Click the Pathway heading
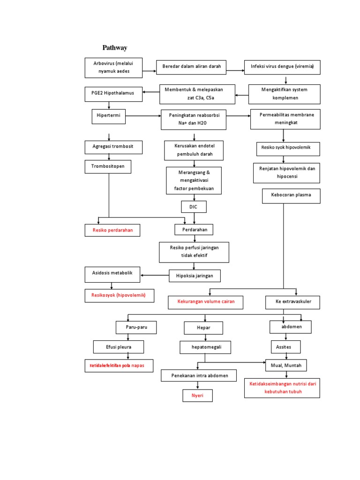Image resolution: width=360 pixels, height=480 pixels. point(115,48)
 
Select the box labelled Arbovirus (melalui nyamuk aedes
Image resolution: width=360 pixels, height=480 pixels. point(113,67)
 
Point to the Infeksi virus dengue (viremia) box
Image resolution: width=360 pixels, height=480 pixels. point(282,67)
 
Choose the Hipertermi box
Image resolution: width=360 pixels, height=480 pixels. point(109,116)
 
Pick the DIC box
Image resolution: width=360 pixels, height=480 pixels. point(194,207)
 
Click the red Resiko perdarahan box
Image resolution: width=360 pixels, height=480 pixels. point(112,230)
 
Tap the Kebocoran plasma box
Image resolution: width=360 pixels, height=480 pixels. point(291,195)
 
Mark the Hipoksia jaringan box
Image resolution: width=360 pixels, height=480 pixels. point(195,276)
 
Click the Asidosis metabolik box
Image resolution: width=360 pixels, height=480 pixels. point(112,274)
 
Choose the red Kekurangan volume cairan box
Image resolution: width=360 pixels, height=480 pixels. point(206,302)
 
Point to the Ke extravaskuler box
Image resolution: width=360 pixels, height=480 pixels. point(292,302)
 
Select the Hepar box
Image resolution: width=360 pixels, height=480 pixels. point(203,328)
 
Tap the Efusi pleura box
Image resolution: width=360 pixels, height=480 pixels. point(118,347)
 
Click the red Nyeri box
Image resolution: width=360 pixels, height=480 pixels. point(197,396)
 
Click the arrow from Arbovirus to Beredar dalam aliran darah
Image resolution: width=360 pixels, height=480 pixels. point(149,71)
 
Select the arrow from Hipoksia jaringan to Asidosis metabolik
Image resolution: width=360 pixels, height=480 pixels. point(155,275)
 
